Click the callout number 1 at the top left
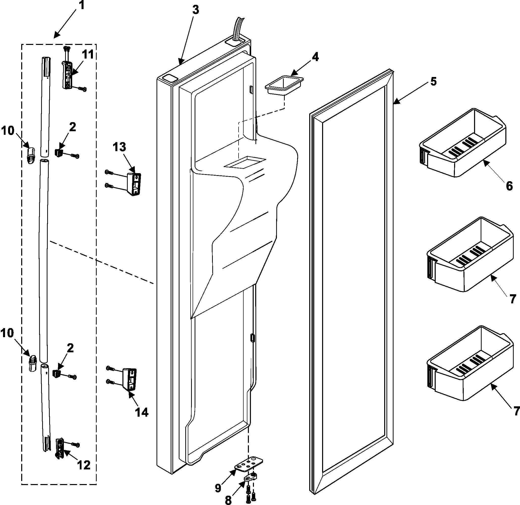coord(82,6)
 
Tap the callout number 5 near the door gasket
coord(433,82)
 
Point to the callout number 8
coord(228,500)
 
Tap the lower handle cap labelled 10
coord(32,363)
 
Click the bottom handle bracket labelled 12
coord(60,448)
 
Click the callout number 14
coord(142,412)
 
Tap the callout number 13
coord(119,147)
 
